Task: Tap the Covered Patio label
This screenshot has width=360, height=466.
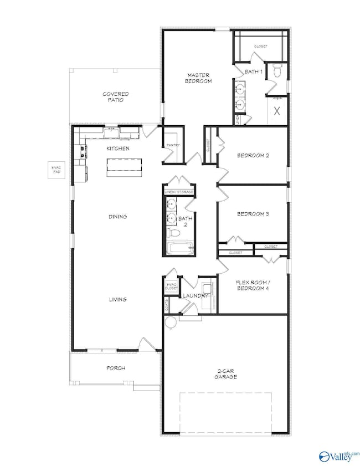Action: (116, 97)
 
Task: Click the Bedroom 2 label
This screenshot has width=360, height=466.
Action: (253, 155)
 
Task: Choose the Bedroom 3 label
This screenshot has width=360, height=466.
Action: (253, 214)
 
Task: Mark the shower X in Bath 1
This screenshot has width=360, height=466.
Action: (277, 110)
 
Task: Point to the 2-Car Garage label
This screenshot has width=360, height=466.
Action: (226, 373)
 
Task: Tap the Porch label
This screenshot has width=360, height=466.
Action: (115, 368)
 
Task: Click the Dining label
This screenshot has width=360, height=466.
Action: (118, 217)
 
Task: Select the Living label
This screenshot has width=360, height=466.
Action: (118, 299)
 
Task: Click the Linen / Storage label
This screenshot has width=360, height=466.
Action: (179, 192)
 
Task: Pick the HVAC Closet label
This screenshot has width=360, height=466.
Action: (171, 286)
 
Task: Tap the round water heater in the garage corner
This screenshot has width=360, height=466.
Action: (170, 322)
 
